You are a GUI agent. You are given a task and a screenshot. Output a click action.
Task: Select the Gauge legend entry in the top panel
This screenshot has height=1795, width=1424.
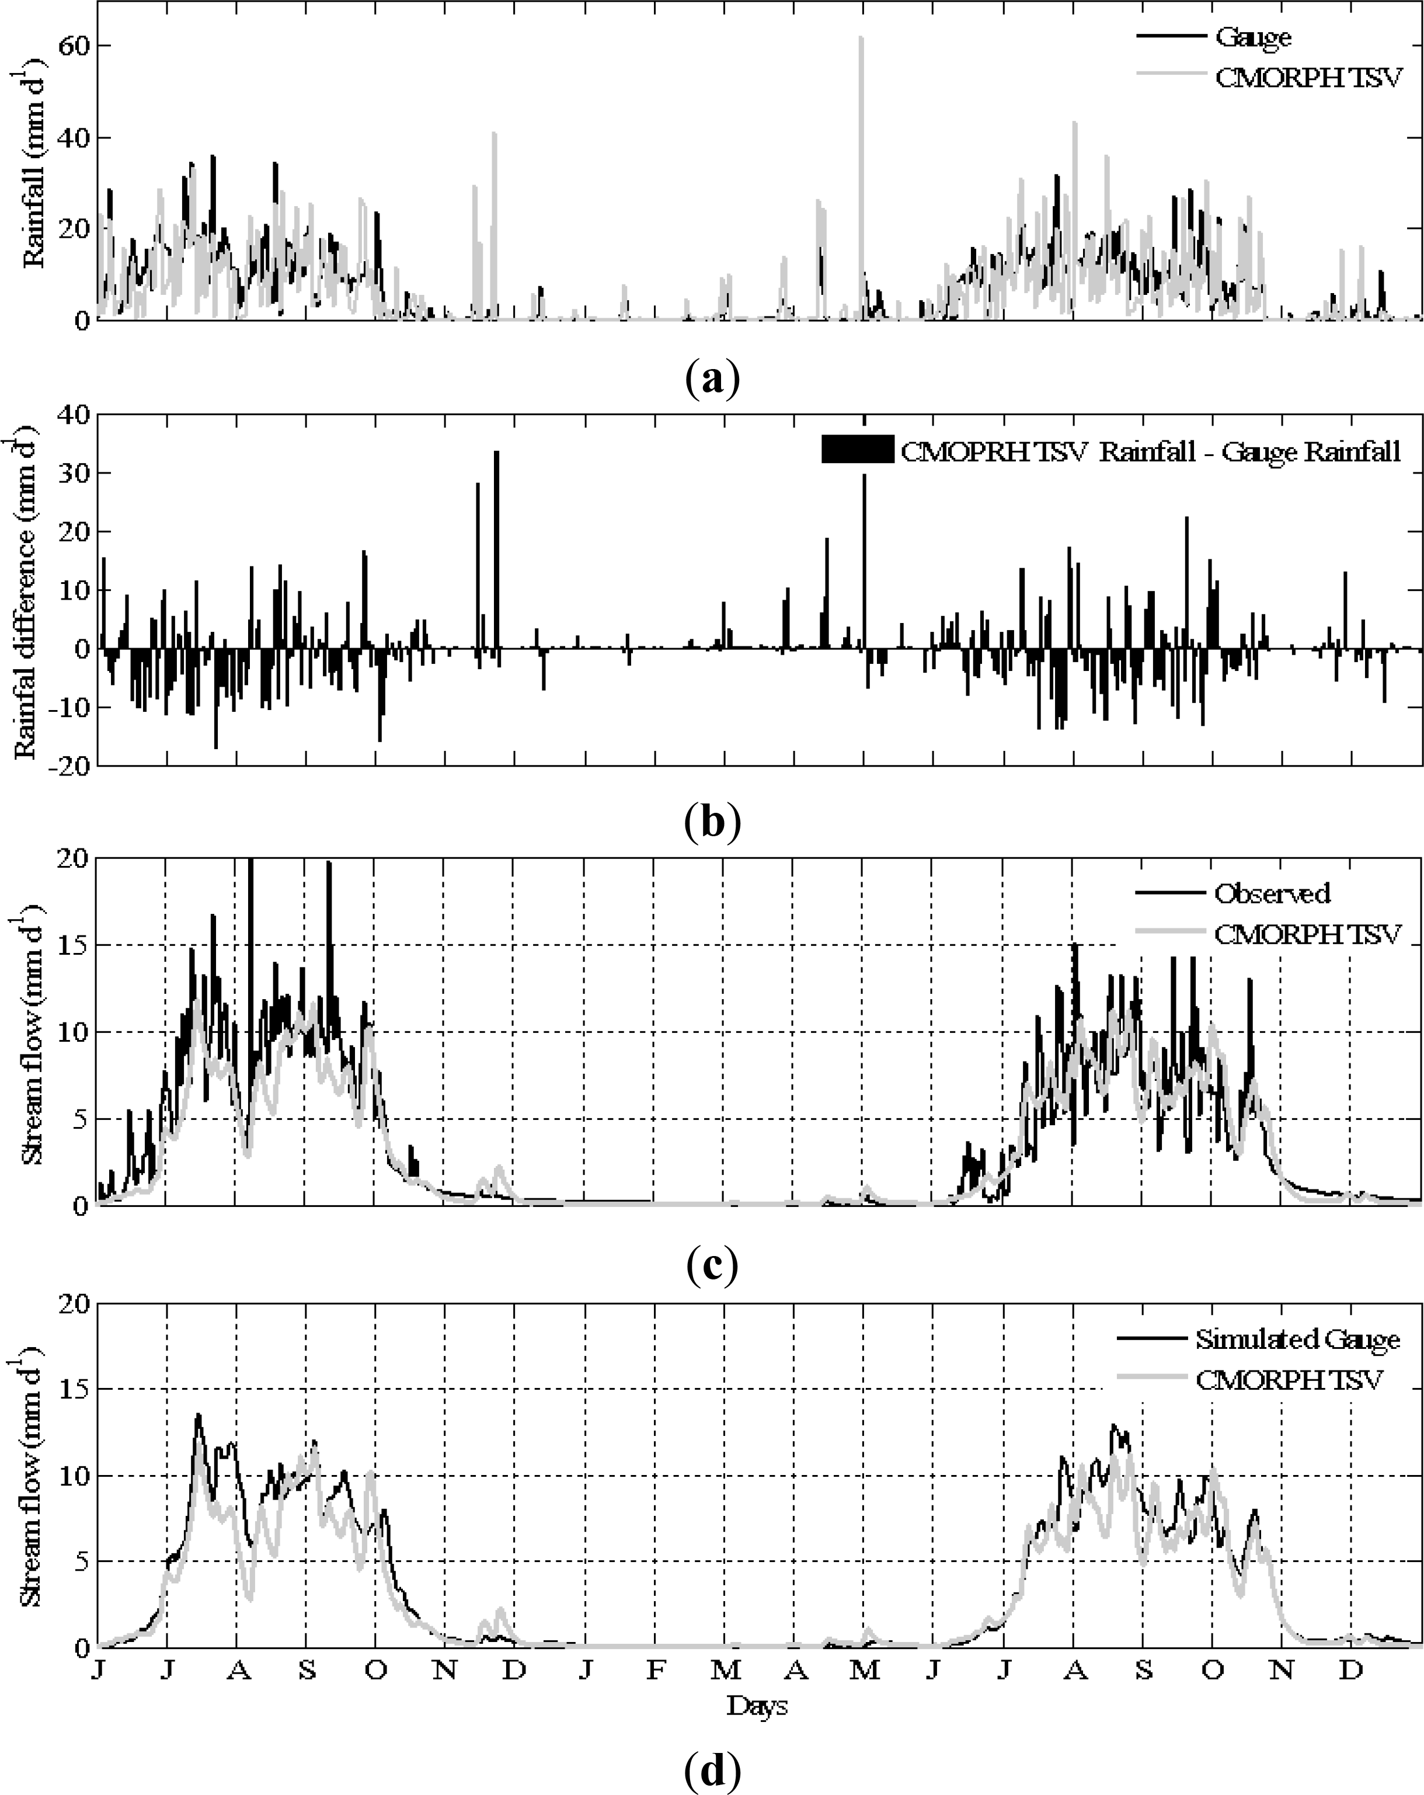click(x=1252, y=37)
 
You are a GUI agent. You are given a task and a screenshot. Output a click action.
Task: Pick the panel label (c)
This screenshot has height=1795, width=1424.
click(x=712, y=1265)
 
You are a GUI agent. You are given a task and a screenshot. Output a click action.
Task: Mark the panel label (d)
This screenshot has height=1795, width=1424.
click(x=712, y=1771)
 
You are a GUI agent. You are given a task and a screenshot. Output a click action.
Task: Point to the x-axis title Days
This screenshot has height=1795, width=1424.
click(x=757, y=1723)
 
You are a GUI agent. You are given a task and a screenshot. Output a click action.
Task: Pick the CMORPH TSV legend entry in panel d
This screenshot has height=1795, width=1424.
click(x=1289, y=1380)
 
